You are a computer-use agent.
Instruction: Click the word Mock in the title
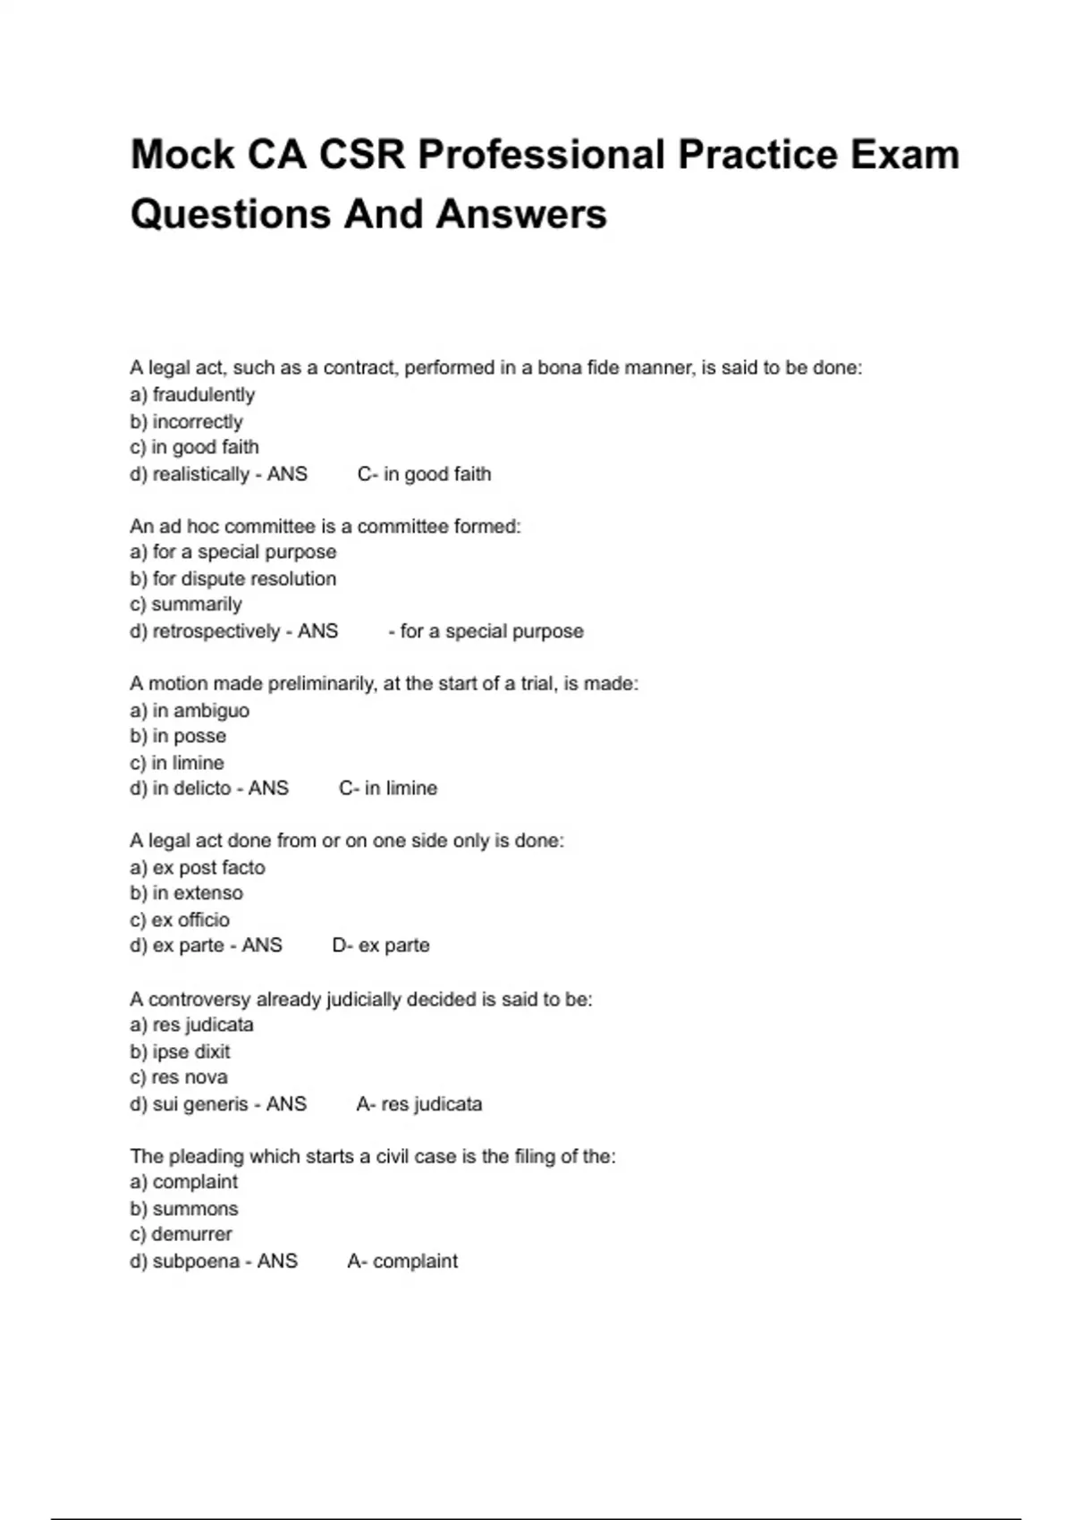point(182,155)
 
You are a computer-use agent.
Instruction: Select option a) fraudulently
point(192,394)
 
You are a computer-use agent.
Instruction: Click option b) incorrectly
point(186,421)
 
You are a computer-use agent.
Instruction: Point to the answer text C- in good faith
point(424,474)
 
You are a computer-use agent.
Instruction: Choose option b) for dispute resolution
point(232,578)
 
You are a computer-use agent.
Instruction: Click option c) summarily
point(186,604)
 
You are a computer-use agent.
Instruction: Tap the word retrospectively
point(216,631)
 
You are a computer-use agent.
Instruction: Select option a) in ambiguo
point(190,710)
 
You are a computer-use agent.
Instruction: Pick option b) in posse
point(178,736)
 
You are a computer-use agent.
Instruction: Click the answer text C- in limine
point(388,789)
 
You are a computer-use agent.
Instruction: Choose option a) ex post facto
point(198,867)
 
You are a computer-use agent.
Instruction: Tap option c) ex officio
point(180,919)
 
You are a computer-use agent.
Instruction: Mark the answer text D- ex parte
point(381,945)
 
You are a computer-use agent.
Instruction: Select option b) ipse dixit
point(180,1051)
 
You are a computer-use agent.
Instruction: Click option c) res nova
point(179,1077)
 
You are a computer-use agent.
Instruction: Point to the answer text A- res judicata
point(418,1104)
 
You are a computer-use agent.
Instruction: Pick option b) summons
point(184,1209)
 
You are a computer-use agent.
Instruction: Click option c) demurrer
point(181,1235)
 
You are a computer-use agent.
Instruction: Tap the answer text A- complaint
point(402,1262)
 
